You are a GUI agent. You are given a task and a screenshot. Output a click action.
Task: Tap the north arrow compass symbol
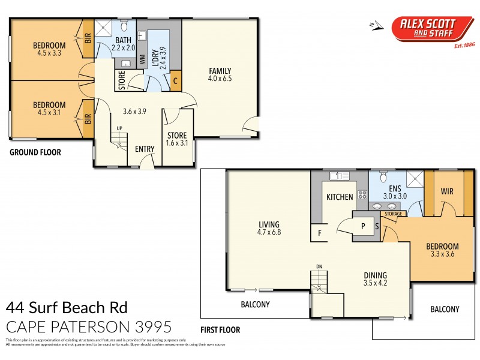pyautogui.click(x=376, y=25)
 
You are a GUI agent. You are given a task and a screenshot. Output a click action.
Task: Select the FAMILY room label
pyautogui.click(x=220, y=73)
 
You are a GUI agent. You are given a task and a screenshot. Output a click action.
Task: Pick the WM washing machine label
pyautogui.click(x=143, y=59)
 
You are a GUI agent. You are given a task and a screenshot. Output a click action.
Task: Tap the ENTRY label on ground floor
pyautogui.click(x=145, y=149)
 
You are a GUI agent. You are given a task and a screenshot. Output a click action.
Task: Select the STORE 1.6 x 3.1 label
pyautogui.click(x=177, y=139)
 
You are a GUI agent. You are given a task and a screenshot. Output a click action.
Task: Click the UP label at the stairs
pyautogui.click(x=119, y=128)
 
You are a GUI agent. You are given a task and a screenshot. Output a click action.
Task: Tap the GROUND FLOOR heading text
pyautogui.click(x=35, y=152)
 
